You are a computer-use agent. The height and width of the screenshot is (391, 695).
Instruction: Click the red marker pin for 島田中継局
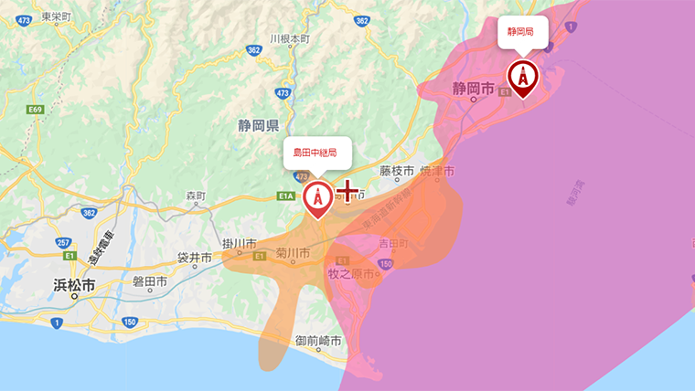coord(318,198)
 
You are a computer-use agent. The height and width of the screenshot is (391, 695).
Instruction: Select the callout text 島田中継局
coord(315,152)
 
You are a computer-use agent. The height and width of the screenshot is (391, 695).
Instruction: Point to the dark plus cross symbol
coord(347,191)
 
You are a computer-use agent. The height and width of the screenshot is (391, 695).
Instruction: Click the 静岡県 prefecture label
coord(260,125)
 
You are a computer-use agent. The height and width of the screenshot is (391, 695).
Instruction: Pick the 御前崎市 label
coord(318,340)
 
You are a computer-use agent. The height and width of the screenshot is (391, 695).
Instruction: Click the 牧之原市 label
coord(351,274)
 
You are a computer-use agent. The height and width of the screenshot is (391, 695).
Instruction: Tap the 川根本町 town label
coord(291,39)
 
